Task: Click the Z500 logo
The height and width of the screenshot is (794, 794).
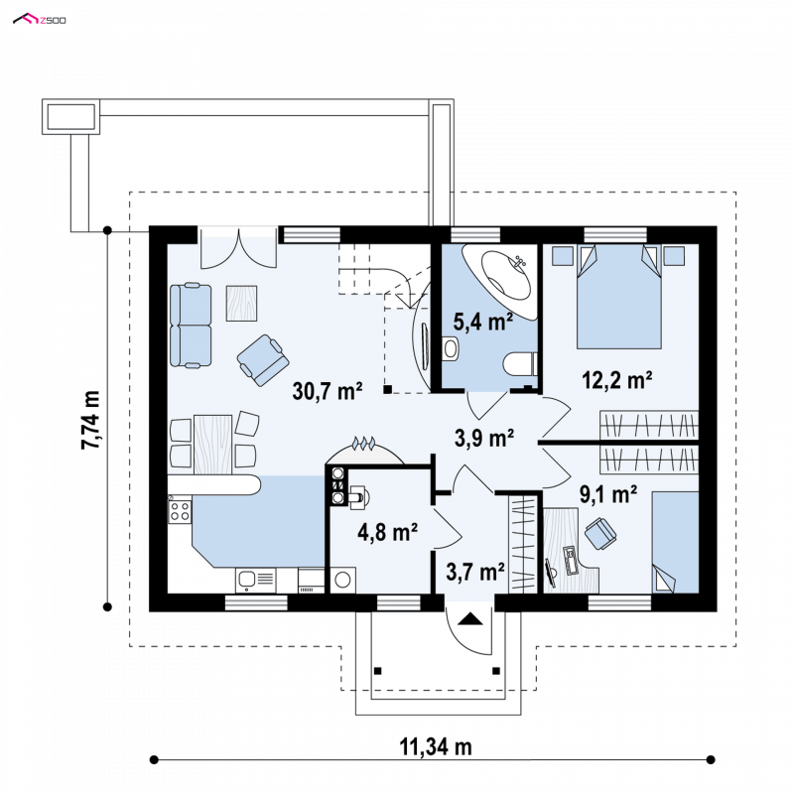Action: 40,20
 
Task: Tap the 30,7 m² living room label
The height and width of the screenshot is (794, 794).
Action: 328,391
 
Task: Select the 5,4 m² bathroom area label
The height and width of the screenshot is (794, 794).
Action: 482,322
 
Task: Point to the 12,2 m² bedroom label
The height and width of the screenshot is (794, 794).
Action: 616,380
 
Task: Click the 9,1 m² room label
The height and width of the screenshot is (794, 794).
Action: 608,494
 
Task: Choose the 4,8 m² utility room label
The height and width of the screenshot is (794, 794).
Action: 387,532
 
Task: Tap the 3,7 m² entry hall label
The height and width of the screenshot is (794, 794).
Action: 475,572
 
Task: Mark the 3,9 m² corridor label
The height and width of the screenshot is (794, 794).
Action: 484,438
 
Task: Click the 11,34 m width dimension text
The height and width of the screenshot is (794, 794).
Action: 436,747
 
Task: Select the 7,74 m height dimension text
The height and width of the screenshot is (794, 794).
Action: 91,420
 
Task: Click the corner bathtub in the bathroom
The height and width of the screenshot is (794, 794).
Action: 500,280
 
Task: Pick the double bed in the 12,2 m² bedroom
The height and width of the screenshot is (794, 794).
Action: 618,297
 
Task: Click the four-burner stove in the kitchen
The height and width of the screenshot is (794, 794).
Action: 180,511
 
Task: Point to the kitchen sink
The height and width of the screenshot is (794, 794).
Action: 256,581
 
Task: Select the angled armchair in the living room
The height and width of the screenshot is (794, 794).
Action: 263,360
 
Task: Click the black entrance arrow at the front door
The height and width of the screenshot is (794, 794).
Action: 469,618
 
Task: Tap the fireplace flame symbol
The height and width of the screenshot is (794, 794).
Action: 363,443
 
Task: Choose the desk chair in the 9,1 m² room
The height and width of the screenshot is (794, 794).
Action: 600,534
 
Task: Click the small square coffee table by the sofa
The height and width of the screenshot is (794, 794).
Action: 241,304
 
